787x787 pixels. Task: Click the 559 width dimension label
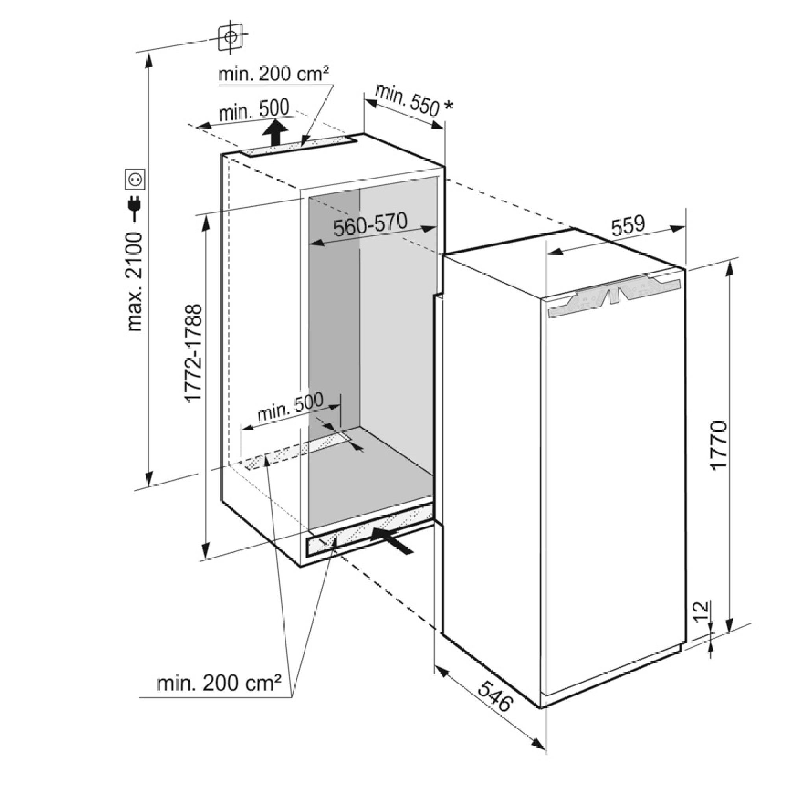pyautogui.click(x=628, y=225)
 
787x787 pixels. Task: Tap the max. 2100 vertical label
pyautogui.click(x=135, y=281)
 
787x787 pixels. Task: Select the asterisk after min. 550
pyautogui.click(x=448, y=106)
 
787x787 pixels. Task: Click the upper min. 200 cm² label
pyautogui.click(x=273, y=74)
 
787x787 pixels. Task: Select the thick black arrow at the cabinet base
pyautogui.click(x=392, y=540)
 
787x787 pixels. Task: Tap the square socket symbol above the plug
pyautogui.click(x=135, y=179)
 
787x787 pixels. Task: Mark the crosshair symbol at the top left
pyautogui.click(x=231, y=37)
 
